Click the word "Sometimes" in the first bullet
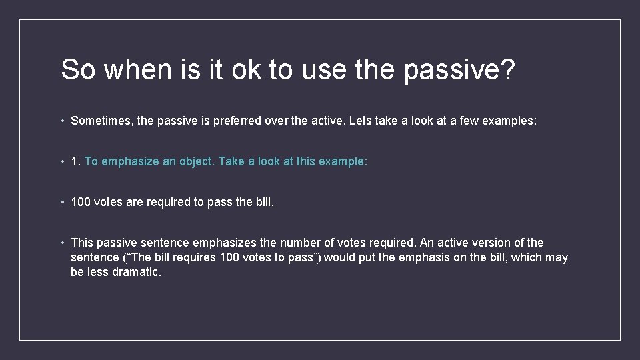tap(99, 121)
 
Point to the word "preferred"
tap(265, 121)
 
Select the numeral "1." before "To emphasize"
tap(76, 161)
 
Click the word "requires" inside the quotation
tap(193, 257)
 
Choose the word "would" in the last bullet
tap(340, 257)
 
